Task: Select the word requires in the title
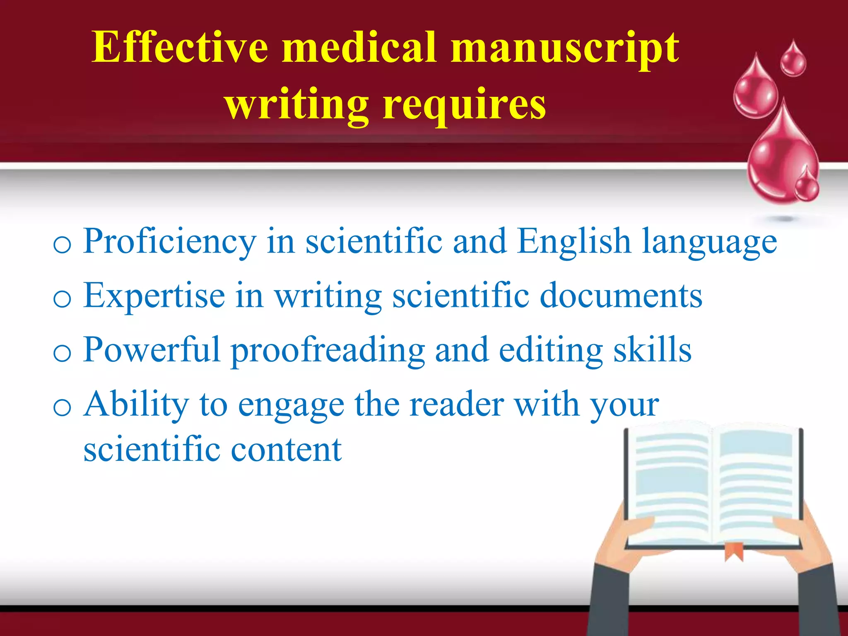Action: tap(464, 106)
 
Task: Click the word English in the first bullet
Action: tap(574, 241)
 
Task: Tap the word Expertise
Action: tap(154, 296)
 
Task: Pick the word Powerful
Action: tap(152, 350)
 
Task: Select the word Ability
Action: tap(136, 405)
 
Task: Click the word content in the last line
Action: tap(286, 450)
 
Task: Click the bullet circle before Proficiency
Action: tap(62, 245)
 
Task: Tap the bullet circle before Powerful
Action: tap(62, 353)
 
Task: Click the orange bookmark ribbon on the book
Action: tap(734, 551)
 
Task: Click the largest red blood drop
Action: tap(778, 157)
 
